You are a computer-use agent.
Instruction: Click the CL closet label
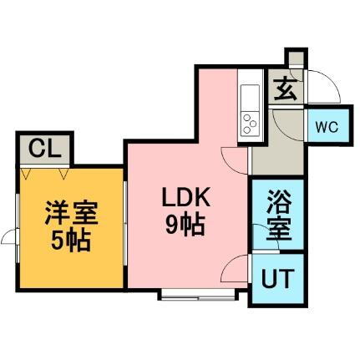[45, 149]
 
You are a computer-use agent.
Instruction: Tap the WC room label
[327, 127]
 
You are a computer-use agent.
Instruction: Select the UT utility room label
[277, 278]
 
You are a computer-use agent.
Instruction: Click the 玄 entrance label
[285, 89]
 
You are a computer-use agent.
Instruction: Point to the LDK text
[186, 197]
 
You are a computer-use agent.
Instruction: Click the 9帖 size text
[185, 225]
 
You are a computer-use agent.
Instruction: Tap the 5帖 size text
[71, 240]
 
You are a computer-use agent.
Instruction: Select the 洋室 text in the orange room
[71, 212]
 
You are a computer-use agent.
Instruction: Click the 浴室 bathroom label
[278, 215]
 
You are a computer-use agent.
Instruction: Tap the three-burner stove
[250, 124]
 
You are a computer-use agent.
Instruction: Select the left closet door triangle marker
[25, 173]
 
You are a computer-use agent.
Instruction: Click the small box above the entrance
[296, 58]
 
